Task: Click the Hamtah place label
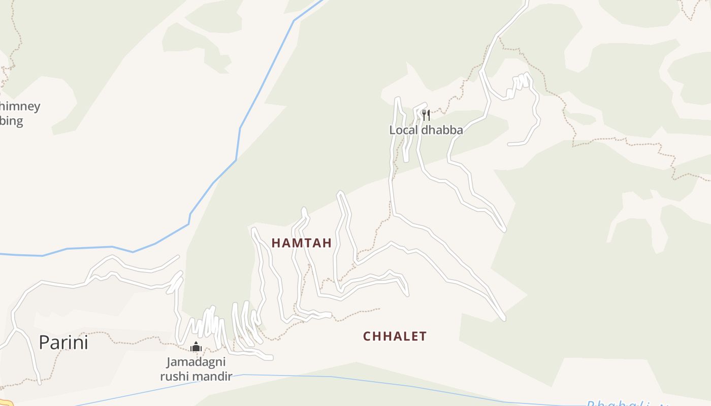pyautogui.click(x=301, y=243)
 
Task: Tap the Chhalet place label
pyautogui.click(x=395, y=336)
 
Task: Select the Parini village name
pyautogui.click(x=63, y=343)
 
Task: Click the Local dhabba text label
pyautogui.click(x=426, y=130)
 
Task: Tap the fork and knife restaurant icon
pyautogui.click(x=426, y=115)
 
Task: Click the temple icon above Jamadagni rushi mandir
pyautogui.click(x=196, y=347)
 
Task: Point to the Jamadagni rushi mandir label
pyautogui.click(x=196, y=369)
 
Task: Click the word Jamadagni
pyautogui.click(x=196, y=362)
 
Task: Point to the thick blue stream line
pyautogui.click(x=239, y=142)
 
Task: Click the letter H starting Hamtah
pyautogui.click(x=275, y=243)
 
